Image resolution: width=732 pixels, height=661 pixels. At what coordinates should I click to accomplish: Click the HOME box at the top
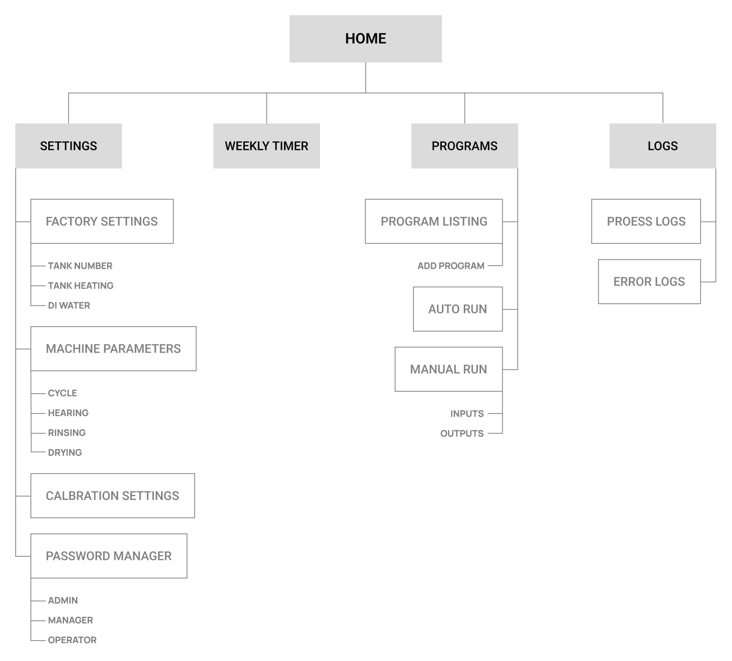point(366,39)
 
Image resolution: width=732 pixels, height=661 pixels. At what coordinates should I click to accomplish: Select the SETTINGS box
point(69,146)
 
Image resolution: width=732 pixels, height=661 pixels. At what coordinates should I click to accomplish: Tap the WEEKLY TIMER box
point(267,146)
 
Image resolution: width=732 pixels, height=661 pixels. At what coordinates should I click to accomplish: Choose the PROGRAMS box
point(465,146)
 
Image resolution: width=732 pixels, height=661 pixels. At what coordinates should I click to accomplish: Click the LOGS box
point(663,146)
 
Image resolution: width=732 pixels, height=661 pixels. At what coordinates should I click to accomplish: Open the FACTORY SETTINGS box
point(102,222)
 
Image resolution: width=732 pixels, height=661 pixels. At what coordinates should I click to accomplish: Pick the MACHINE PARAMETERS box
point(113,349)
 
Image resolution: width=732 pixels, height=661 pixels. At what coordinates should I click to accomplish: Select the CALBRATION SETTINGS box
point(113,496)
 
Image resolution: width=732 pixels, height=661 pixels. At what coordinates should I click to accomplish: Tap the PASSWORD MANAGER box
point(109,556)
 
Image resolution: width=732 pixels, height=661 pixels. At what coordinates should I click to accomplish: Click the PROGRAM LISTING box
point(434,222)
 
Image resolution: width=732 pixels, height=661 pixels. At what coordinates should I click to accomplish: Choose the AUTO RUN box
point(458,309)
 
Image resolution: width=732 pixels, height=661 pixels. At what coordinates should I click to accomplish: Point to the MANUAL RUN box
point(449,369)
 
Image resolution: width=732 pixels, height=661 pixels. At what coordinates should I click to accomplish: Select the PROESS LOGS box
point(646,222)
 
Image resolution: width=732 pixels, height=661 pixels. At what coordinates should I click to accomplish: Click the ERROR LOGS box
point(649,281)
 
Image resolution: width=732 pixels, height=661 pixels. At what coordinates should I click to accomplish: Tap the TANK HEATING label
point(81,286)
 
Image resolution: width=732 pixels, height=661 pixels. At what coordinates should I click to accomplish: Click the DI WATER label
point(69,305)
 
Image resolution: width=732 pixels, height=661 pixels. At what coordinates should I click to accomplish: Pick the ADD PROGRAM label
point(451,266)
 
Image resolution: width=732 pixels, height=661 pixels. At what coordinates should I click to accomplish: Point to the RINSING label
point(67,433)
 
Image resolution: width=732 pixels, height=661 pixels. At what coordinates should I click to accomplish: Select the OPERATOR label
point(72,640)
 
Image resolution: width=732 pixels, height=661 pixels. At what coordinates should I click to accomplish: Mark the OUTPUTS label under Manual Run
point(462,433)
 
